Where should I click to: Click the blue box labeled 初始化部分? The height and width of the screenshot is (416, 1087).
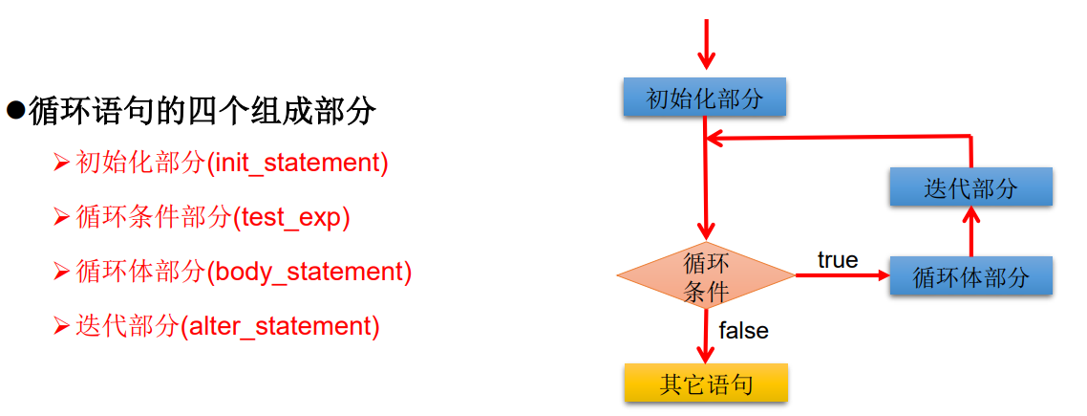(705, 98)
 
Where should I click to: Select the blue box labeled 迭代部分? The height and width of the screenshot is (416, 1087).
(970, 186)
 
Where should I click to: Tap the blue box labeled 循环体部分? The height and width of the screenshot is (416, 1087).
(970, 276)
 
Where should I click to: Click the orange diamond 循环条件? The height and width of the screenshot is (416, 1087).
(706, 276)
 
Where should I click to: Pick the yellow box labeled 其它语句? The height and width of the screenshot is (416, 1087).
(706, 383)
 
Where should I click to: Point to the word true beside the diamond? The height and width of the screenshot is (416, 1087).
(838, 260)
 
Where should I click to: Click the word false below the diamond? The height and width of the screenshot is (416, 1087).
(743, 331)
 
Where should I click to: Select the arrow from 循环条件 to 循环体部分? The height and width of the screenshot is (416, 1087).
(842, 276)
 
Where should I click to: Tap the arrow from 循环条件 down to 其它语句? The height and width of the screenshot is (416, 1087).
(706, 335)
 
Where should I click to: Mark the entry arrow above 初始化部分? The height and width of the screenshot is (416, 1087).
(706, 44)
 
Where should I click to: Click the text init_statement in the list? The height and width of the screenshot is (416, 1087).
(299, 163)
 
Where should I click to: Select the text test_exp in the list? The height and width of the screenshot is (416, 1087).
(292, 218)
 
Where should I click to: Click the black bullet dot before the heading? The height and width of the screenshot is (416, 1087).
(14, 109)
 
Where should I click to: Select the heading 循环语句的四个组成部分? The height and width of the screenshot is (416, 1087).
(202, 112)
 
